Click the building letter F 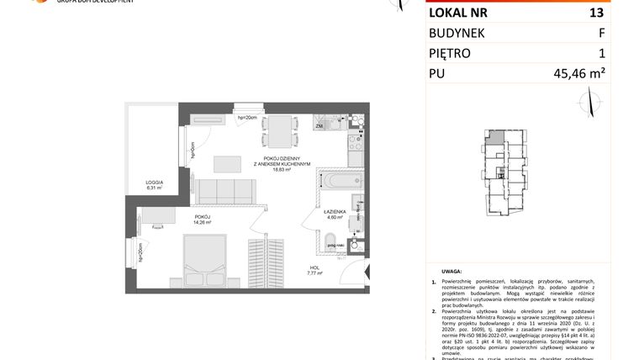pyautogui.click(x=600, y=33)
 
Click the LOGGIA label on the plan pyautogui.click(x=153, y=183)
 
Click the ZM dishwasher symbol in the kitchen pyautogui.click(x=319, y=127)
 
